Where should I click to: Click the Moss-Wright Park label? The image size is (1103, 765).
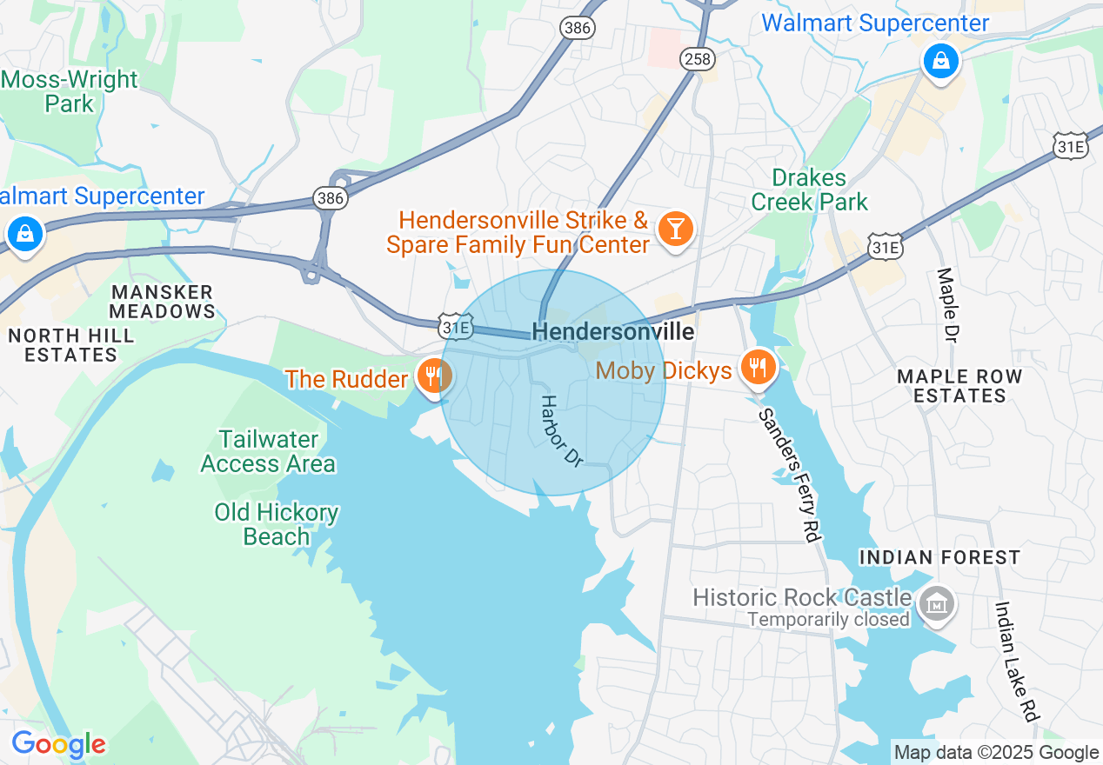click(x=70, y=91)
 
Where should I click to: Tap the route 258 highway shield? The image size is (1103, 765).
click(x=698, y=59)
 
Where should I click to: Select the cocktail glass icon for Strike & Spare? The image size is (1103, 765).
click(x=674, y=229)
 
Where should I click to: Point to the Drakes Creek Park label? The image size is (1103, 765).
click(x=809, y=190)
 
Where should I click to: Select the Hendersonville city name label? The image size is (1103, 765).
click(x=612, y=332)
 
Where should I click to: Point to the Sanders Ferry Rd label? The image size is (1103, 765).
click(x=790, y=475)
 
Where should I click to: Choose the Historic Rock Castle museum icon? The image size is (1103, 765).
click(x=938, y=602)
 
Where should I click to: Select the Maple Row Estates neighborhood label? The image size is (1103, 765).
click(x=959, y=386)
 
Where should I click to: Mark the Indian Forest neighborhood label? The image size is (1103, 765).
click(x=939, y=557)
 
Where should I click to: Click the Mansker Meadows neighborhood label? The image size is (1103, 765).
click(x=162, y=302)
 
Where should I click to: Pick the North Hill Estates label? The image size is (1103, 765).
click(x=70, y=345)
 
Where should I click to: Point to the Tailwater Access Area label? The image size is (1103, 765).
click(x=268, y=451)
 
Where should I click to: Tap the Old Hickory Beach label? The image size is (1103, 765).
click(x=277, y=524)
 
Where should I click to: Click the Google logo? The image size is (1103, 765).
click(x=58, y=745)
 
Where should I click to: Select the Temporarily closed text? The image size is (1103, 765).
click(x=828, y=620)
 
